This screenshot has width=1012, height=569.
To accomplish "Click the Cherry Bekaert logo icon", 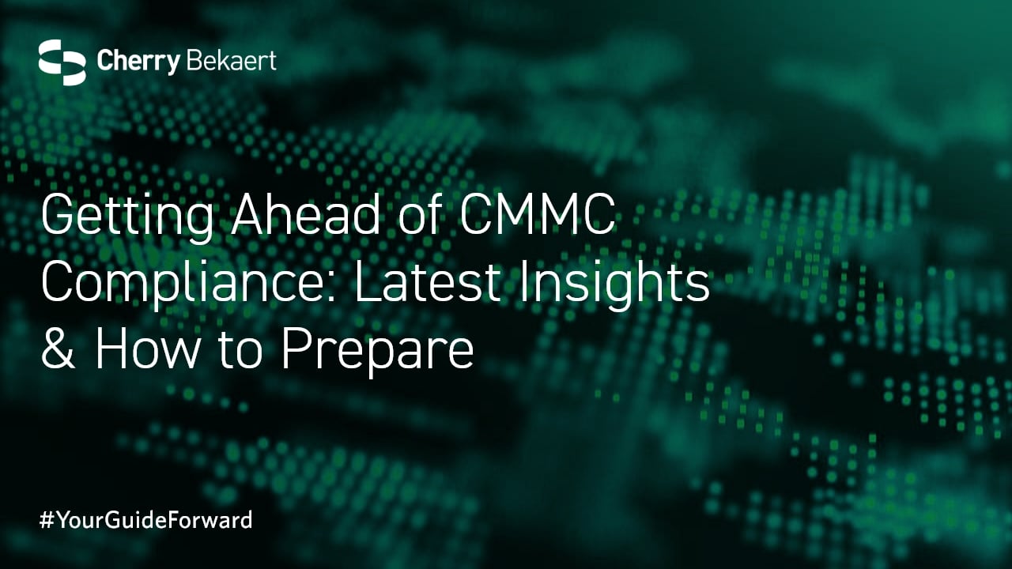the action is (x=62, y=62).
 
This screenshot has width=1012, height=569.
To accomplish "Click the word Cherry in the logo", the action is (x=138, y=62).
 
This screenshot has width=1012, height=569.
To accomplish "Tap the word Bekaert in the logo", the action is (x=231, y=61).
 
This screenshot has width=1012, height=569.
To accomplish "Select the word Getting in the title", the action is (x=127, y=216).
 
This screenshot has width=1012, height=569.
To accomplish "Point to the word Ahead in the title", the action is (x=306, y=213).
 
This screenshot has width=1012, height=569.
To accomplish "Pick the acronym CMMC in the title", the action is (x=538, y=213).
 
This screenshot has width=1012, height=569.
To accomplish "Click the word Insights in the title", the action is (x=614, y=284).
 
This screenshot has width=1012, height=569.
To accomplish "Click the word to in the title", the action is (x=241, y=352).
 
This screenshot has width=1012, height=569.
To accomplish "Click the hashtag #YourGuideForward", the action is (x=145, y=519).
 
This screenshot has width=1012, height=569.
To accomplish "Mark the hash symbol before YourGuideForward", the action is (x=47, y=520).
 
